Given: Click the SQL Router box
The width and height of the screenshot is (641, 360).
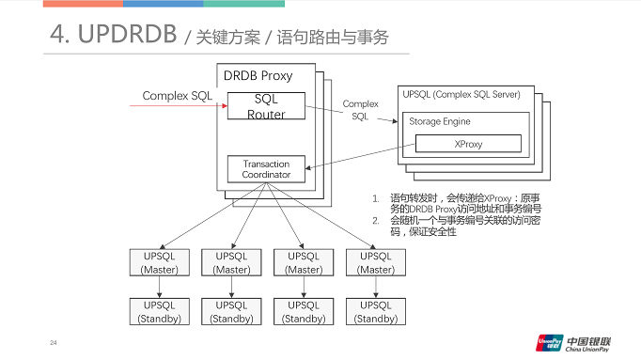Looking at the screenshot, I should tap(266, 105).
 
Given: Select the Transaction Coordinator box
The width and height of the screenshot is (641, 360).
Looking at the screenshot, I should tap(266, 169).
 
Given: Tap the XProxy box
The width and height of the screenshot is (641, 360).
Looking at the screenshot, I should tap(468, 143).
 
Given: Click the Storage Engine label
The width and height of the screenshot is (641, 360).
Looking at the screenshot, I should tap(439, 121).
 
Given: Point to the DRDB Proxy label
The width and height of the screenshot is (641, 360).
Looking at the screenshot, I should tap(258, 75).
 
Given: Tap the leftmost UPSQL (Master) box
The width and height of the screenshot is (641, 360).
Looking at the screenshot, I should tap(159, 262).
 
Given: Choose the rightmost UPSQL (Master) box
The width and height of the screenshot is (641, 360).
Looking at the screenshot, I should tap(376, 262).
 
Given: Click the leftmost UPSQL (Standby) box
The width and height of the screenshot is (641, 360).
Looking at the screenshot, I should tap(159, 311).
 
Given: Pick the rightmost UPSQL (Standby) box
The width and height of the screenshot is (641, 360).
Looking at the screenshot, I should tap(376, 311).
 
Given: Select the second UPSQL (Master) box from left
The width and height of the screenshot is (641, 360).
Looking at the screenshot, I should tap(231, 262).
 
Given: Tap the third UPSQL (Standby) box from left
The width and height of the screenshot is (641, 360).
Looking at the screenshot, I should tap(304, 311).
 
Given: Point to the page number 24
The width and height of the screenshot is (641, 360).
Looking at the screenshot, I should tap(54, 341).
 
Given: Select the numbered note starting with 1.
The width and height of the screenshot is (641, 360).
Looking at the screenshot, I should tap(461, 203).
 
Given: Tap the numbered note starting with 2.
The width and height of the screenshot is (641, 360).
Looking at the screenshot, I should tap(461, 226).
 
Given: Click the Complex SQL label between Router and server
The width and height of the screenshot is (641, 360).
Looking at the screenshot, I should tap(360, 110).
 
